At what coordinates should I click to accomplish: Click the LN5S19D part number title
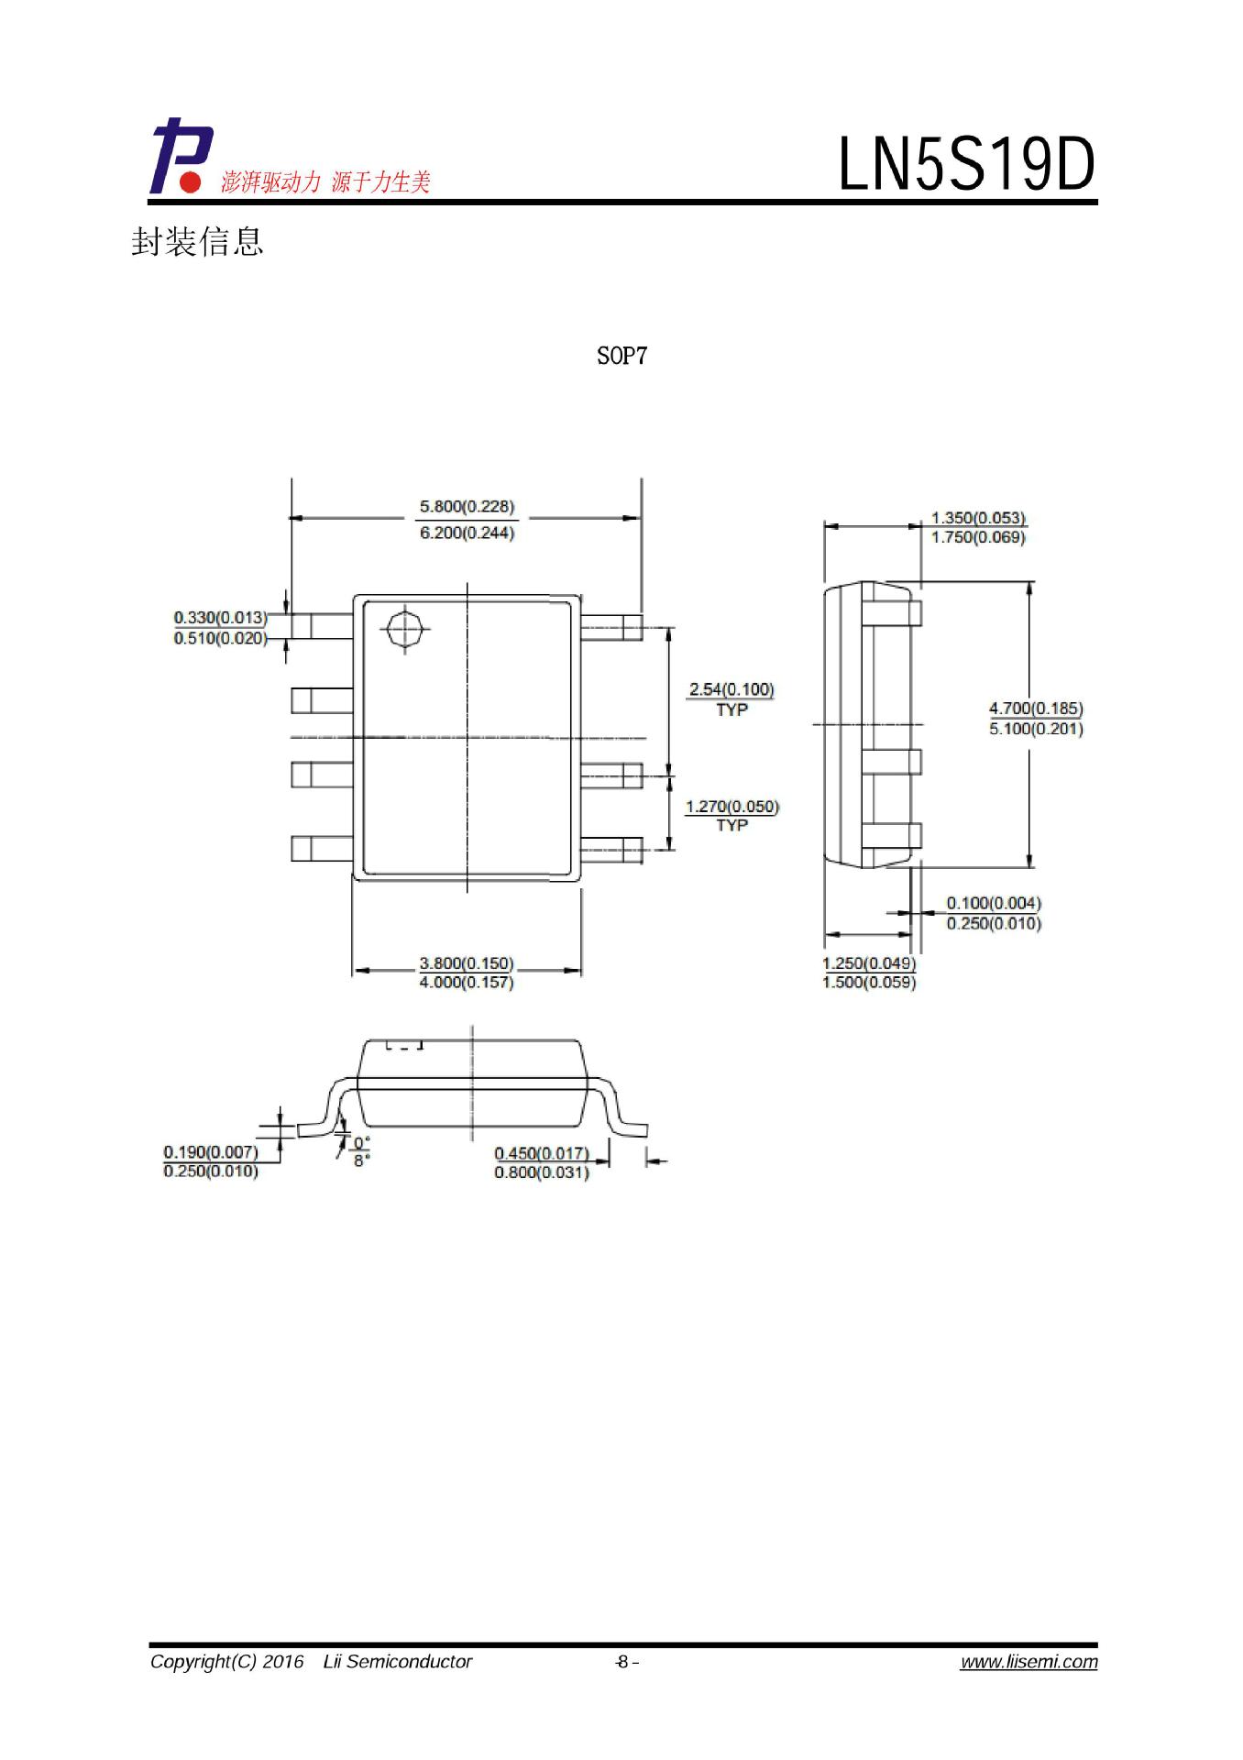coord(967,166)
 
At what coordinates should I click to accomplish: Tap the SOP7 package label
coord(621,356)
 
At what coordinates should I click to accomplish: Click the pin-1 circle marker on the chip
coord(404,629)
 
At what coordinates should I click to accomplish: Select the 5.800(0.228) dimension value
coord(467,506)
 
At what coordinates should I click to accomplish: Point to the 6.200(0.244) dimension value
coord(467,533)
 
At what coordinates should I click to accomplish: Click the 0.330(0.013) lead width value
coord(220,618)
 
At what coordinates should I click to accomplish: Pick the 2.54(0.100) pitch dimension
coord(731,688)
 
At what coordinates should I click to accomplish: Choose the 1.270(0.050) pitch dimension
coord(731,807)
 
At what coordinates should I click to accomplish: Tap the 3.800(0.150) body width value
coord(467,963)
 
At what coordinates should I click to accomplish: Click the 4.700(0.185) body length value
coord(1036,709)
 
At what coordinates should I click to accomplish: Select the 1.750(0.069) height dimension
coord(978,537)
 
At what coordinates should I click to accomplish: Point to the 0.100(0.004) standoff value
coord(994,904)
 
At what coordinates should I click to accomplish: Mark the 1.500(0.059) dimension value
coord(869,983)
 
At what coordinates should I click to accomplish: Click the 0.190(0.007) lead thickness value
coord(211,1152)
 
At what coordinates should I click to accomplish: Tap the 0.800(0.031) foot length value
coord(541,1172)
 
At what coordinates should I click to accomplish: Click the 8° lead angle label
coord(362,1160)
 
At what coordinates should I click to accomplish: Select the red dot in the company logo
coord(190,182)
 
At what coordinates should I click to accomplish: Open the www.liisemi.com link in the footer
coord(1028,1662)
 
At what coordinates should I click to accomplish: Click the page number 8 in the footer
coord(623,1662)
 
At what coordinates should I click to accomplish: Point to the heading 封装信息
coord(197,241)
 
